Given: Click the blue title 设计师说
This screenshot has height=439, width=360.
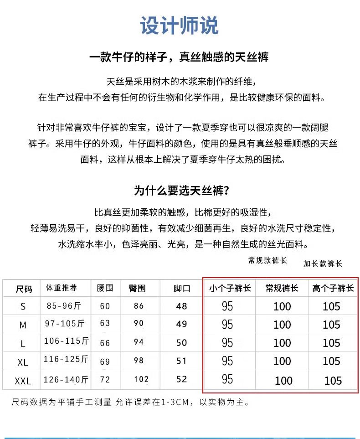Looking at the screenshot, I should (179, 26).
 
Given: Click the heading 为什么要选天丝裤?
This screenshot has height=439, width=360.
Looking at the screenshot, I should (181, 190).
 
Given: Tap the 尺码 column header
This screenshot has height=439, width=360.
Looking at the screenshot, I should (24, 289).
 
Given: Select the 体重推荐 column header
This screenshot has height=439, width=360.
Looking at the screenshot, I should (62, 288).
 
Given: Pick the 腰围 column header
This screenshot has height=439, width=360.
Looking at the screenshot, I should (105, 288).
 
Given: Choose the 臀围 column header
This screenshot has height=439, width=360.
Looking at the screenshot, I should (137, 288).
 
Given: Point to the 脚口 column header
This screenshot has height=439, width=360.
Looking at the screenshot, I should (182, 289).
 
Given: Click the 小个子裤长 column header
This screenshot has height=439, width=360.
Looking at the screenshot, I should (230, 288).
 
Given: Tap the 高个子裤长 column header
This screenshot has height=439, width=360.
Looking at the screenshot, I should (333, 288).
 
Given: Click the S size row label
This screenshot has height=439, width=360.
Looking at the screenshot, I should (23, 307).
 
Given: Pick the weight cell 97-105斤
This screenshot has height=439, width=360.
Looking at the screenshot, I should (65, 324).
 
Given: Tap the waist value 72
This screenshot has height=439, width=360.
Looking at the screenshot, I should (105, 379).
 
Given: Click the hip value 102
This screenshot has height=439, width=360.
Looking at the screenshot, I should (141, 379).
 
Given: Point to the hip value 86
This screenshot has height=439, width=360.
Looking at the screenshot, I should (139, 306).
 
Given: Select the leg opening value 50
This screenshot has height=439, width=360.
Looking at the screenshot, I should (181, 342).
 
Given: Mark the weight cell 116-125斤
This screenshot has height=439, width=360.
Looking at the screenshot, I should (66, 360).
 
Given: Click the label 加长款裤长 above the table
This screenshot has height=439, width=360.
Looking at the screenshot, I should (323, 263).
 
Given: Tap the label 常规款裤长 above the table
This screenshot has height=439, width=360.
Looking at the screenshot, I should (267, 260).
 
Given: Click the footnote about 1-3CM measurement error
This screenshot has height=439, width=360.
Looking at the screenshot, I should (130, 402).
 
